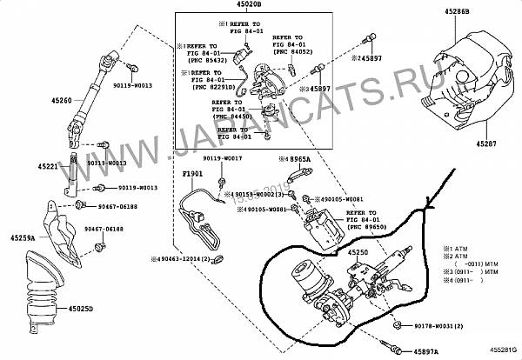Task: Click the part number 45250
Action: click(x=360, y=251)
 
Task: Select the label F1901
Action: click(x=191, y=174)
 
